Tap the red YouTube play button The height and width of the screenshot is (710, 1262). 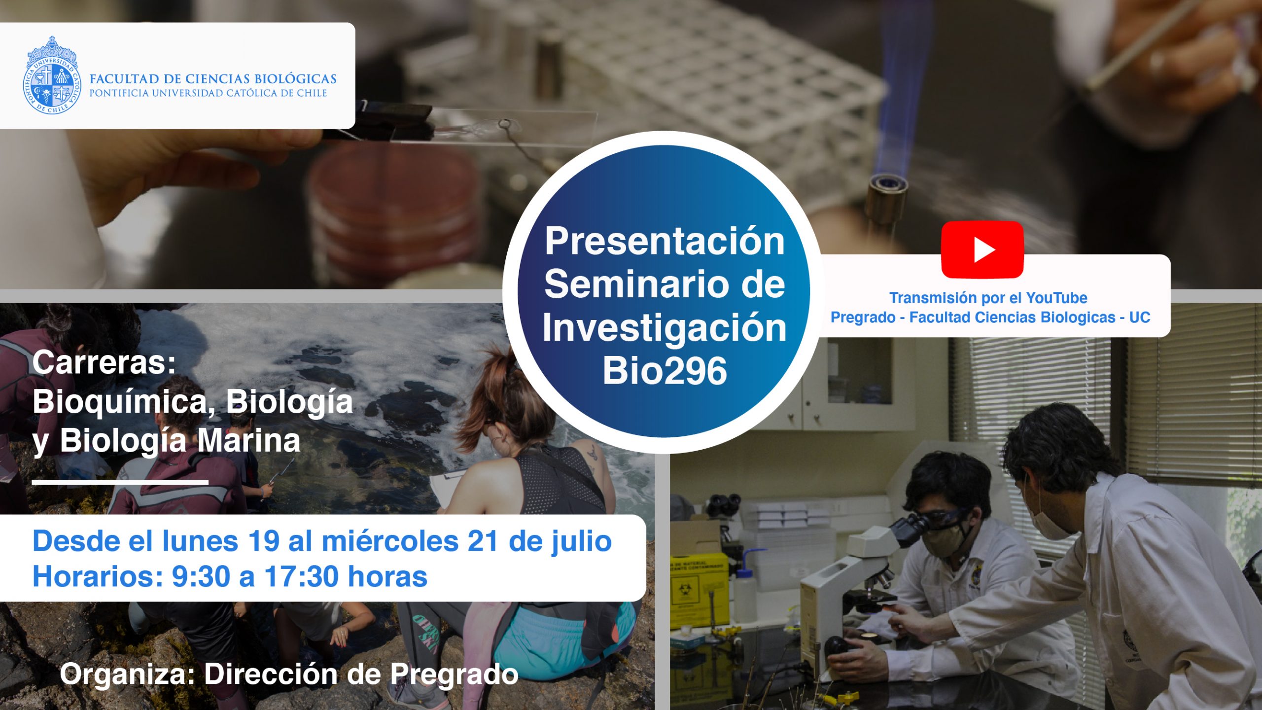982,249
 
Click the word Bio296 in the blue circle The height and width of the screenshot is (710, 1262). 665,371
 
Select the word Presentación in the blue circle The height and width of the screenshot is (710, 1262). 665,241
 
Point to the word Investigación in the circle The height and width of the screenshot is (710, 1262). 665,328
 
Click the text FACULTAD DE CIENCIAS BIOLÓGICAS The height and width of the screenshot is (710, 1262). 213,79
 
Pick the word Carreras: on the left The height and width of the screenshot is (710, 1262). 104,362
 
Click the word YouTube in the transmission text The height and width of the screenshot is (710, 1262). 1056,298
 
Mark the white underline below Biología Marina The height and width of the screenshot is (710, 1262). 120,482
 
